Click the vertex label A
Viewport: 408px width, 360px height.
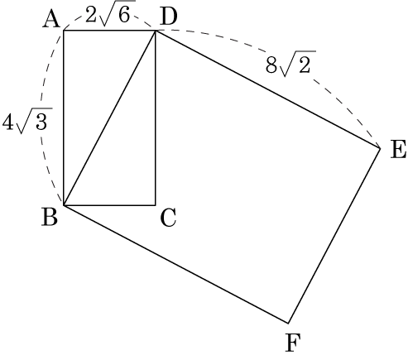(x=51, y=20)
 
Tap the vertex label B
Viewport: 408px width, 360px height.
(x=50, y=217)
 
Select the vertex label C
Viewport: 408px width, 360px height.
(x=168, y=218)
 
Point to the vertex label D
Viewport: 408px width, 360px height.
(x=168, y=17)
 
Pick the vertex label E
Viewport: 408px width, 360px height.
(x=399, y=149)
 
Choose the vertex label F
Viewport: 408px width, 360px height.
(x=293, y=343)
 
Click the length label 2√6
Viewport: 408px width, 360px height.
(x=110, y=13)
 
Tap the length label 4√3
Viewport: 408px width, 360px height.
(x=27, y=121)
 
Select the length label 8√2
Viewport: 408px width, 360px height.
(x=290, y=64)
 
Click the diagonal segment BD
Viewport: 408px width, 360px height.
(x=110, y=118)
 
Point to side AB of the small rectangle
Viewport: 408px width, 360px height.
(x=64, y=118)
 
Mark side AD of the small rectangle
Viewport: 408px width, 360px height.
(x=110, y=31)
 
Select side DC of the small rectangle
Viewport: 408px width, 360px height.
(x=156, y=118)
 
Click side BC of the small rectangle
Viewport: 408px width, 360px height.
(x=110, y=205)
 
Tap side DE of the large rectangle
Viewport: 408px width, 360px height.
(x=268, y=89)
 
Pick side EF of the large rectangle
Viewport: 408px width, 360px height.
(x=334, y=236)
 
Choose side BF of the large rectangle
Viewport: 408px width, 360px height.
(x=176, y=264)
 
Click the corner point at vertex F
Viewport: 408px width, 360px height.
(x=288, y=323)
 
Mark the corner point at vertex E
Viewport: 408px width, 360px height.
(x=381, y=148)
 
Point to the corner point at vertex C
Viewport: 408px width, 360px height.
(x=156, y=205)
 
